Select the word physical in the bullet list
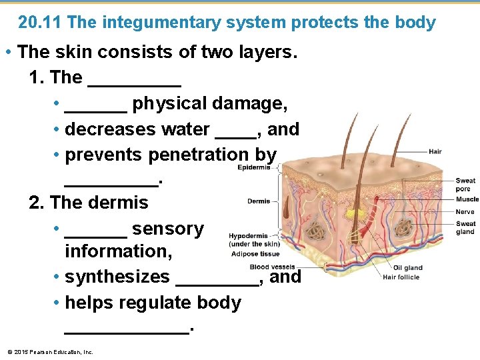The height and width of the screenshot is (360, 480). click(x=169, y=103)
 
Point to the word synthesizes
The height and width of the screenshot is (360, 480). click(x=117, y=276)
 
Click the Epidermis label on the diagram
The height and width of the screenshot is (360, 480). click(x=254, y=167)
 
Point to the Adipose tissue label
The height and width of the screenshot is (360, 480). click(x=255, y=253)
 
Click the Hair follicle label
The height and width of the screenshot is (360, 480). click(x=401, y=277)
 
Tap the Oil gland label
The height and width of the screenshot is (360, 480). click(x=408, y=268)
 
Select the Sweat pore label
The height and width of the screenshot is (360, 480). click(x=465, y=185)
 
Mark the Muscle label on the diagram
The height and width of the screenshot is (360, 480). click(x=467, y=199)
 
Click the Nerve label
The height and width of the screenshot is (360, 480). click(x=465, y=211)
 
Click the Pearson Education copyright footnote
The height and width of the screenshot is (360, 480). click(x=50, y=351)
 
